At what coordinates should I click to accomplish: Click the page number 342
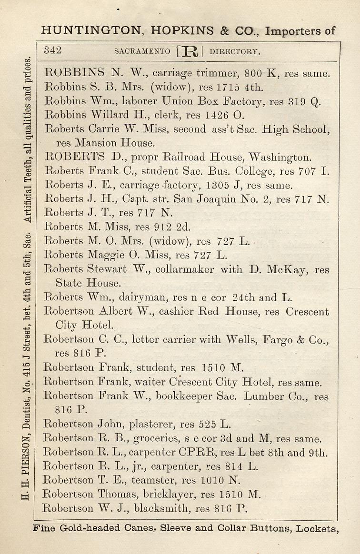pyautogui.click(x=53, y=50)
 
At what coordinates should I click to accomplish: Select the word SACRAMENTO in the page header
pyautogui.click(x=142, y=51)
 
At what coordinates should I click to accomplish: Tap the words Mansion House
pyautogui.click(x=120, y=142)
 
